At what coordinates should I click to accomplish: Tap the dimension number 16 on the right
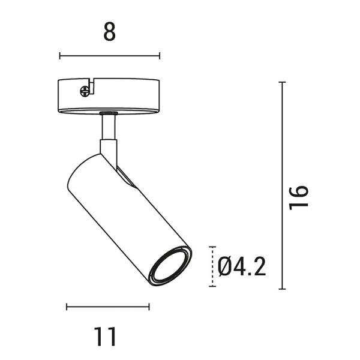click(x=298, y=196)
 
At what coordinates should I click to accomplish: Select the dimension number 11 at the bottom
click(x=106, y=337)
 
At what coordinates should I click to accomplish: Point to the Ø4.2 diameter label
click(x=242, y=266)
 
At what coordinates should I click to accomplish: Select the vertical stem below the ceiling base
click(x=109, y=127)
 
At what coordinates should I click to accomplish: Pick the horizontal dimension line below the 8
click(x=109, y=56)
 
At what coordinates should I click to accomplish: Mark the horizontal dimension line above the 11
click(x=107, y=307)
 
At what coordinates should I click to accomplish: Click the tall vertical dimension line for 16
click(x=282, y=186)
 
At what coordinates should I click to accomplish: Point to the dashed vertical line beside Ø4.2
click(x=212, y=266)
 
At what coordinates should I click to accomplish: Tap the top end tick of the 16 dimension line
click(x=282, y=82)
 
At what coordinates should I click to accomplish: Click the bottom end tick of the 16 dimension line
click(x=282, y=289)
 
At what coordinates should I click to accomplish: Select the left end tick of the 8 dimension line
click(x=59, y=56)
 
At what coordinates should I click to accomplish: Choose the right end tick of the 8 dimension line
click(x=160, y=56)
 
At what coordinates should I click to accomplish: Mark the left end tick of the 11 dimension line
click(x=66, y=307)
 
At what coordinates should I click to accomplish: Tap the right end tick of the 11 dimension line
click(x=149, y=307)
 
